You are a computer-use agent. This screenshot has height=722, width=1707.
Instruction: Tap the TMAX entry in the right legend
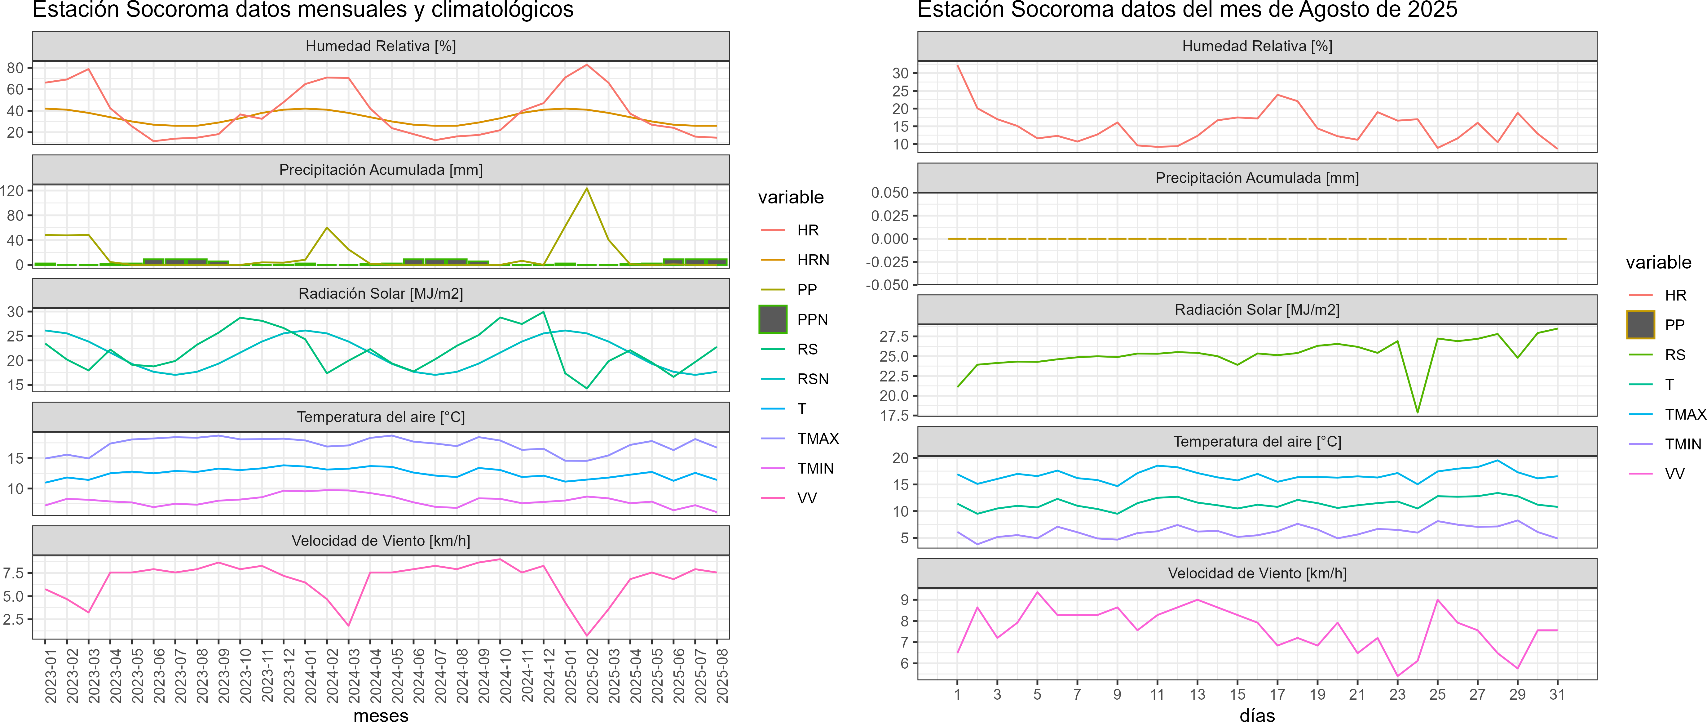point(1685,414)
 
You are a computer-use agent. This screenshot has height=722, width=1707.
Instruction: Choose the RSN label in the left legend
point(812,379)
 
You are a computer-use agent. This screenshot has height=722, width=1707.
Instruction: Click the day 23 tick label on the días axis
point(1397,694)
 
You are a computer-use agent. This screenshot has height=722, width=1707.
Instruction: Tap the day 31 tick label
point(1557,694)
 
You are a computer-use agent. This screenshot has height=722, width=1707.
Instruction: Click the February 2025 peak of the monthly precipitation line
point(586,188)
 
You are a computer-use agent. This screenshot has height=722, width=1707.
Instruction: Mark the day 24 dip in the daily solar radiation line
point(1418,412)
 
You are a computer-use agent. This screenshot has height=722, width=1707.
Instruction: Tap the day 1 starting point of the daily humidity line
point(958,65)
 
